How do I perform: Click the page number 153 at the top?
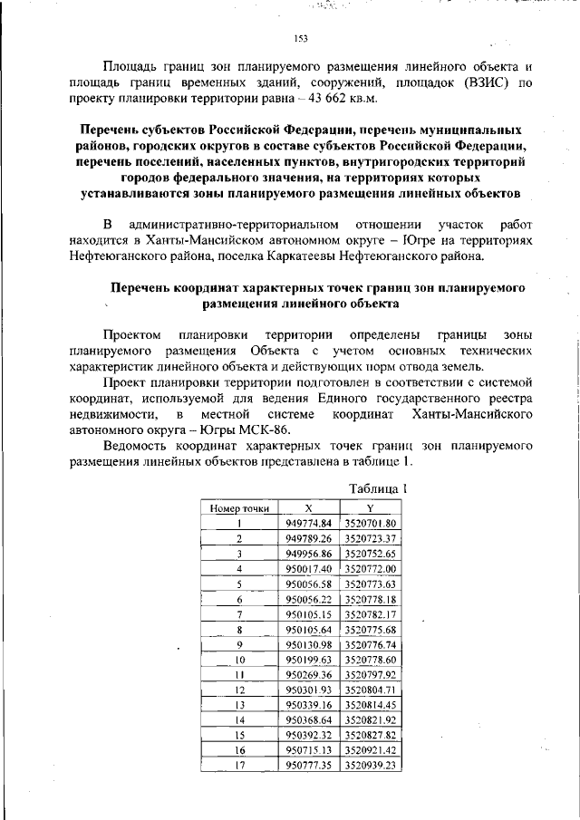tap(302, 38)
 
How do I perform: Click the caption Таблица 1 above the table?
tap(380, 488)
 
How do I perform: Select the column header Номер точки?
tap(239, 508)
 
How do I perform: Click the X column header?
tap(308, 508)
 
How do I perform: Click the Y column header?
tap(371, 508)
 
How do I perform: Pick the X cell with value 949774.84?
tap(308, 524)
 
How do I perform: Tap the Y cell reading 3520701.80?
tap(371, 524)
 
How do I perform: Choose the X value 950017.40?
tap(308, 569)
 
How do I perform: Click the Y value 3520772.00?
tap(371, 569)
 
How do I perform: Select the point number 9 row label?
tap(239, 644)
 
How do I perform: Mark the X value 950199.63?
tap(308, 660)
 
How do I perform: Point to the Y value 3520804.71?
tap(371, 690)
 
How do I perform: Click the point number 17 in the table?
tap(239, 766)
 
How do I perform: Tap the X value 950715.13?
tap(308, 750)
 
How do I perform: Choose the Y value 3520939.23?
tap(371, 766)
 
